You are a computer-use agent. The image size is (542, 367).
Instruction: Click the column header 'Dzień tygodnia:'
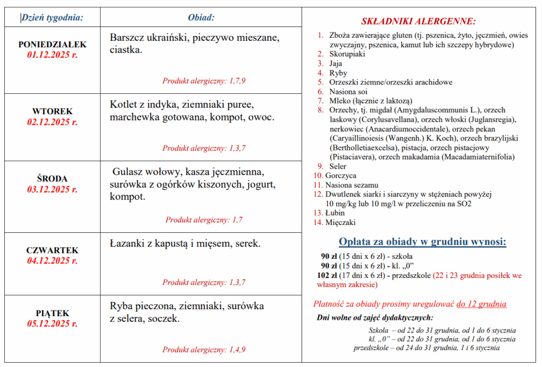tap(52, 18)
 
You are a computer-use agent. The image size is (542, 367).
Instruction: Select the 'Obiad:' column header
tap(201, 18)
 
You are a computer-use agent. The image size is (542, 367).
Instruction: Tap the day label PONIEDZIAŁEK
tap(52, 45)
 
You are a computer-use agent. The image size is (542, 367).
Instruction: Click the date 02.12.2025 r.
tap(52, 122)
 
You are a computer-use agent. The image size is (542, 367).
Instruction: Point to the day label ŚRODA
tap(52, 179)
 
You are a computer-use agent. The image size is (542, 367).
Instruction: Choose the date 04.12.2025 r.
tap(52, 260)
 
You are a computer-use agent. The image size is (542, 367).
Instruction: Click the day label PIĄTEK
tap(52, 313)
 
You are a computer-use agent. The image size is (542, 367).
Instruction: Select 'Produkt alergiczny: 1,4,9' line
tap(204, 350)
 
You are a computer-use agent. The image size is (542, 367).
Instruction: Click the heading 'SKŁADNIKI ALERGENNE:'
tap(418, 22)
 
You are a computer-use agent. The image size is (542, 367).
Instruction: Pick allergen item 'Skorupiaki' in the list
tap(347, 54)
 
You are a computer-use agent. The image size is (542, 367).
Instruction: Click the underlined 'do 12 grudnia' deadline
tap(481, 304)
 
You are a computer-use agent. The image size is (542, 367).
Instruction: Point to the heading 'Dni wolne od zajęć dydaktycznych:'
tap(375, 318)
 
